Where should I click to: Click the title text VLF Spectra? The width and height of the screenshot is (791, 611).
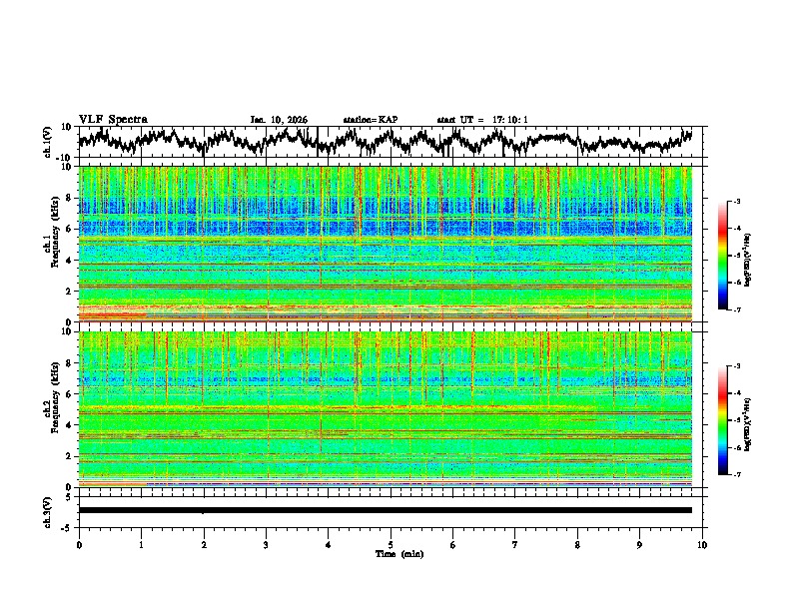pyautogui.click(x=113, y=119)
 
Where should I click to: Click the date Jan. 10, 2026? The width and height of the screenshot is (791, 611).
pyautogui.click(x=279, y=120)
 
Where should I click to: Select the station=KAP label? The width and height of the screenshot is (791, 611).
pyautogui.click(x=370, y=120)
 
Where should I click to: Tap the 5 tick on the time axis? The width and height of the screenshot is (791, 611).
pyautogui.click(x=391, y=544)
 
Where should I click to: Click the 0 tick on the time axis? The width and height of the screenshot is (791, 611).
pyautogui.click(x=79, y=544)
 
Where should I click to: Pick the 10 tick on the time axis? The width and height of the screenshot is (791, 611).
pyautogui.click(x=702, y=544)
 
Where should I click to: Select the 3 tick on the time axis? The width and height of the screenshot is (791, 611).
pyautogui.click(x=266, y=544)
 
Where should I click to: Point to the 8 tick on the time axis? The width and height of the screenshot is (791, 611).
pyautogui.click(x=577, y=544)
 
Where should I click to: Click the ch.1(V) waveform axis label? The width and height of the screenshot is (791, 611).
pyautogui.click(x=48, y=142)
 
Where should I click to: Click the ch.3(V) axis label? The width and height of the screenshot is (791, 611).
pyautogui.click(x=48, y=509)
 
